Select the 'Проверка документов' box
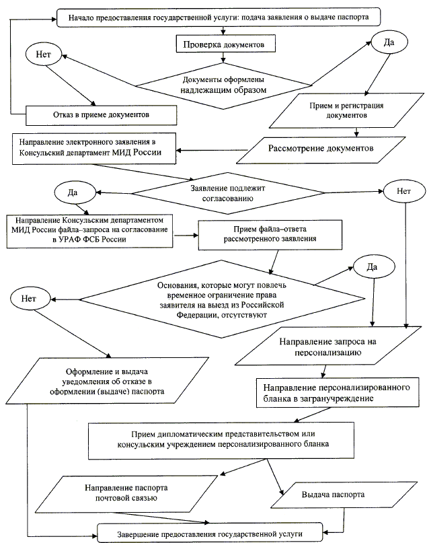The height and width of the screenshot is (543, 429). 219,45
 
